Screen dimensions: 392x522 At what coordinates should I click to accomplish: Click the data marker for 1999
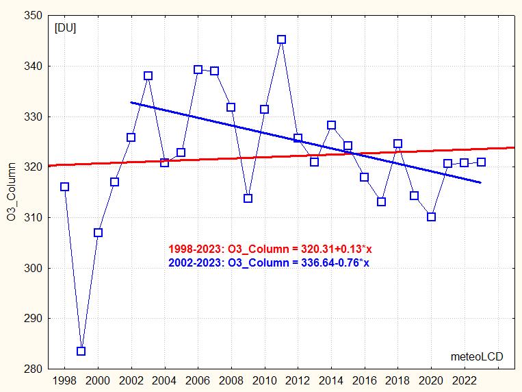81,351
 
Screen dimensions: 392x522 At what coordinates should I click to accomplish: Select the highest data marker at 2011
281,40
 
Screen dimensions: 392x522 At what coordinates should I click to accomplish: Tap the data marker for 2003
148,76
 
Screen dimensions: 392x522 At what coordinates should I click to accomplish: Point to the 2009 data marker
248,199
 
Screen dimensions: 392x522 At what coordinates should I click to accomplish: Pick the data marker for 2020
431,217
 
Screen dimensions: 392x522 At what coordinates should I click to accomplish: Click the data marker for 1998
64,186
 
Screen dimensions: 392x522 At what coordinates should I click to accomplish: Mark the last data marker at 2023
481,162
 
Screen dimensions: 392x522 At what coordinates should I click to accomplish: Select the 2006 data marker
198,69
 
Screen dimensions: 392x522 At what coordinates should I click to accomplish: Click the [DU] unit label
66,28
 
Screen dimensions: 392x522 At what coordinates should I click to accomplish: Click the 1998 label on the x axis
64,380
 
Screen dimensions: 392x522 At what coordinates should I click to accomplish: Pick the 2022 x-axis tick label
465,380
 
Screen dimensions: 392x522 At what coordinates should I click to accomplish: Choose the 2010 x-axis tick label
264,380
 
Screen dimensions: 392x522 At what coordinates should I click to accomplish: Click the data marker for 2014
331,125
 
